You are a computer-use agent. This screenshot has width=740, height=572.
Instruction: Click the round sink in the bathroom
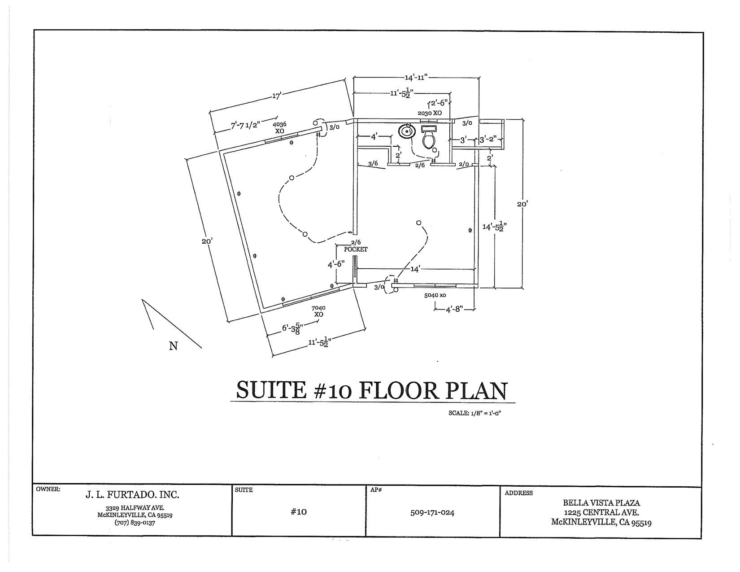tap(407, 131)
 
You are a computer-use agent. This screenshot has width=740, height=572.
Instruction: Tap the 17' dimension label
tap(276, 96)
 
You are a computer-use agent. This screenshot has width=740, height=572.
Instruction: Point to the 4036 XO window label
tap(279, 127)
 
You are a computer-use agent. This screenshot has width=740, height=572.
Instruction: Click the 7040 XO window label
tap(318, 311)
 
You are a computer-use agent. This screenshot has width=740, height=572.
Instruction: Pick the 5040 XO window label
tap(435, 295)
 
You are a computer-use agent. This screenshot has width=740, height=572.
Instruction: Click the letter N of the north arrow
tap(174, 346)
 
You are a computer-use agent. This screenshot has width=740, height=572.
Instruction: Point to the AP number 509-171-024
tap(432, 512)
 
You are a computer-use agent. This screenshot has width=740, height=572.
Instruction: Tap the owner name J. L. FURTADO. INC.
tap(132, 495)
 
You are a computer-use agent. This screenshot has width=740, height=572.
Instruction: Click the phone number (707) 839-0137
tap(135, 523)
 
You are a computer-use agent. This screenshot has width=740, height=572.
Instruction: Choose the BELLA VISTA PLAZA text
tap(601, 503)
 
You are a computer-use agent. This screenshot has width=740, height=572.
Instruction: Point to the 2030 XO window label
tap(430, 113)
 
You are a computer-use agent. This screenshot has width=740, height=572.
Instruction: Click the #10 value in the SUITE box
tap(298, 511)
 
